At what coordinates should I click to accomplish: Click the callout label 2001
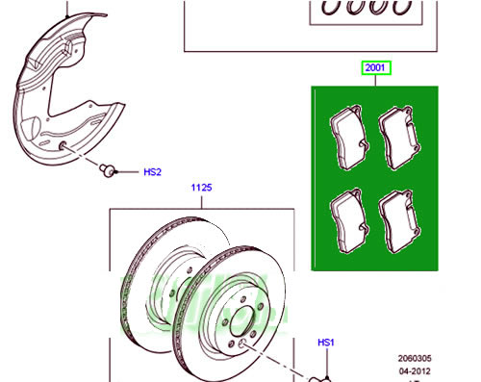point(376,67)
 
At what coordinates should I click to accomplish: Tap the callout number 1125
point(201,188)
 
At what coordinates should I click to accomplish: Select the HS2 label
point(152,172)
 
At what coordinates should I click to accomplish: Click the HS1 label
point(326,343)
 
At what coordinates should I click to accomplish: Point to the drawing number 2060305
point(415,358)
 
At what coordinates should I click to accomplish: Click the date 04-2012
point(415,371)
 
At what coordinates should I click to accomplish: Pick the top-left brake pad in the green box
point(350,137)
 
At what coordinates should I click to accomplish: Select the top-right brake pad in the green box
point(399,138)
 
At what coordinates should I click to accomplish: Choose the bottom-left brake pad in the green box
point(350,220)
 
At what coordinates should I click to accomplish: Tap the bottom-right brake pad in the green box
point(399,221)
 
